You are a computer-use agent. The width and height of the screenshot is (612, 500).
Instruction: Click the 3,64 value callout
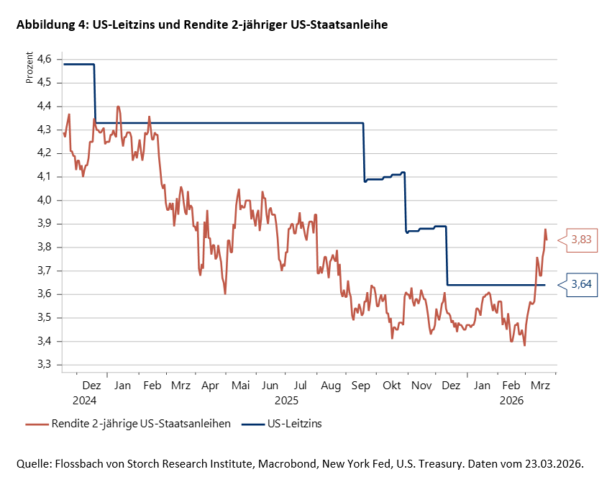[582, 285]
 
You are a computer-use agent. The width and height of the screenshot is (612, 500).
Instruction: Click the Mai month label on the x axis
[241, 386]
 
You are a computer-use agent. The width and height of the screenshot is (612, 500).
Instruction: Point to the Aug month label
[331, 386]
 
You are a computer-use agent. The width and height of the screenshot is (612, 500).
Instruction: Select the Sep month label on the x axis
[361, 386]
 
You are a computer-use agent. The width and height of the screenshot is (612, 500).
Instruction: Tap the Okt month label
[392, 386]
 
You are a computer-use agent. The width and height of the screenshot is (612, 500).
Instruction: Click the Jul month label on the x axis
[301, 386]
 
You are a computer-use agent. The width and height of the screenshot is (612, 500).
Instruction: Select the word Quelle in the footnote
[34, 464]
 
